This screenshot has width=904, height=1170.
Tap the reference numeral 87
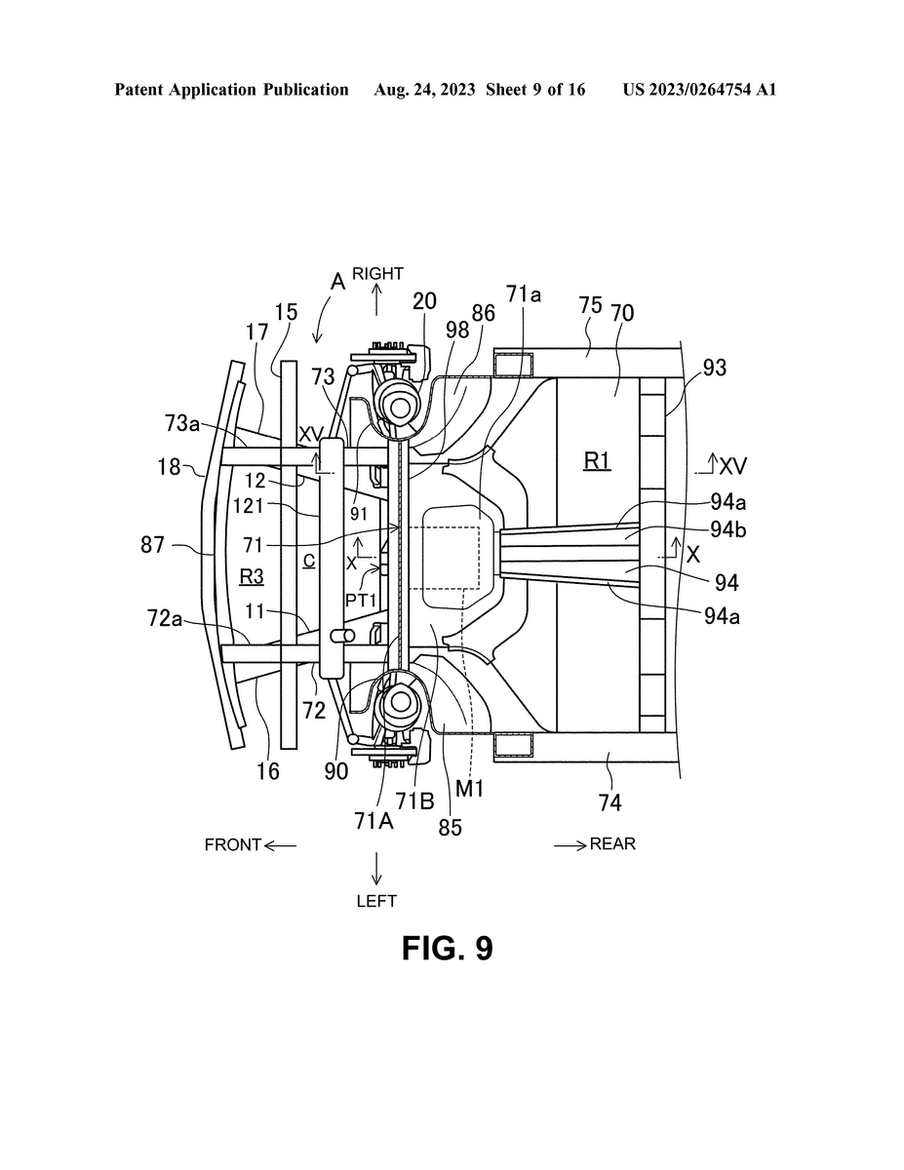[152, 545]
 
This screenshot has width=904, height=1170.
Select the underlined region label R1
[597, 460]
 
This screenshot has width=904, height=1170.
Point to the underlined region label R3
[251, 576]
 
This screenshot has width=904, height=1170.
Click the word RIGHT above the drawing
[377, 274]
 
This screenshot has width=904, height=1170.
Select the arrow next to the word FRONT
[280, 845]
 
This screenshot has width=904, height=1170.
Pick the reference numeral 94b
[727, 529]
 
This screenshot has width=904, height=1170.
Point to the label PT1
[360, 601]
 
